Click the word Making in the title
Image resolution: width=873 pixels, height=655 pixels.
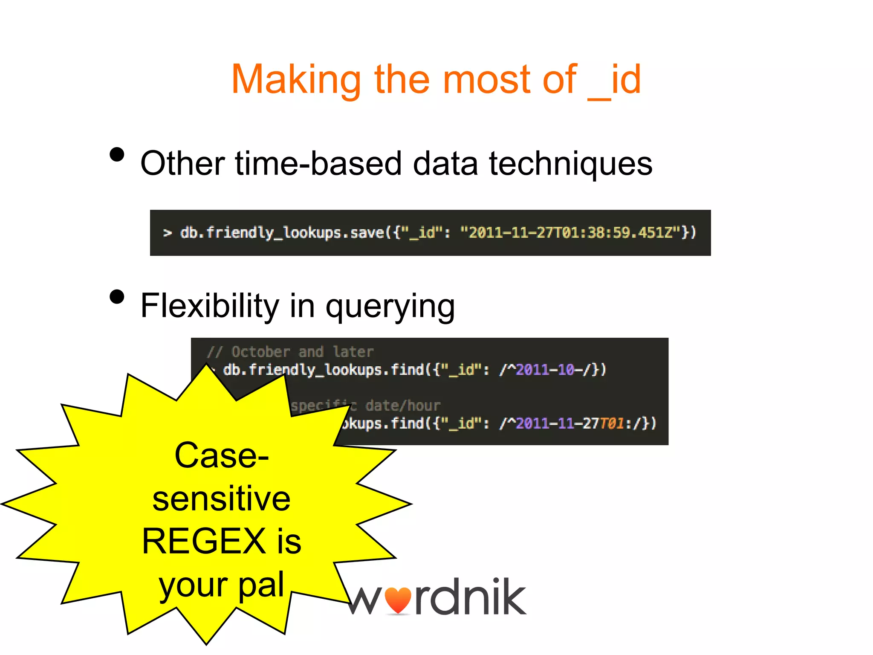[x=296, y=80]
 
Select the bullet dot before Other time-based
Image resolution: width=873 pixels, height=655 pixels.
[x=117, y=154]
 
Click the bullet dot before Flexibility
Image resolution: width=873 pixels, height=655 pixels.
[x=117, y=297]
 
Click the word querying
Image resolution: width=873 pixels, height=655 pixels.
[x=390, y=306]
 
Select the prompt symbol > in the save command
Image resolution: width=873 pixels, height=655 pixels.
[x=168, y=233]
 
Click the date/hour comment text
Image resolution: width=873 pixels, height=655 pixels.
[x=402, y=406]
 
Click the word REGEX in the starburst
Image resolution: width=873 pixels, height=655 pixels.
[x=204, y=541]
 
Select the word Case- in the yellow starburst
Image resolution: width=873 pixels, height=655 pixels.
[x=222, y=455]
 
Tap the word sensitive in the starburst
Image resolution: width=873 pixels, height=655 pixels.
[x=222, y=498]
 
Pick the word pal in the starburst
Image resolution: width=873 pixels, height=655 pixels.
[x=261, y=584]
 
